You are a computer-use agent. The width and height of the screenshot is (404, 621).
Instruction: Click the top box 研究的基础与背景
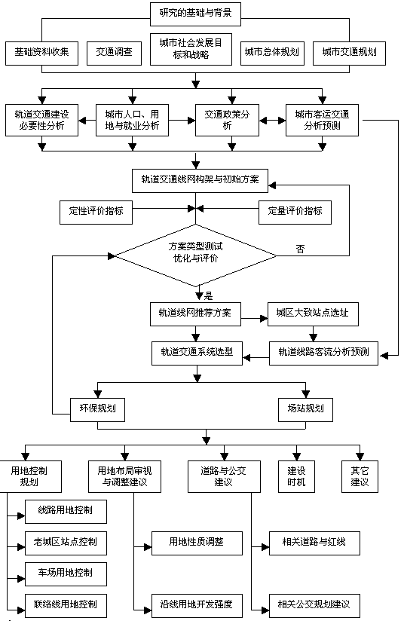(x=195, y=14)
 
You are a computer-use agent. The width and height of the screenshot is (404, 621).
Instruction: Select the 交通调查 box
(x=114, y=53)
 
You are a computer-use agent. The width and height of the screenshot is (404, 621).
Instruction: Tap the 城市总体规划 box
(x=272, y=53)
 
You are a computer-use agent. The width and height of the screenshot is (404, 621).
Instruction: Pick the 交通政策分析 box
(x=227, y=120)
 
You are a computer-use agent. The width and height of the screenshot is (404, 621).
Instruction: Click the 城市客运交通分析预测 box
(x=322, y=120)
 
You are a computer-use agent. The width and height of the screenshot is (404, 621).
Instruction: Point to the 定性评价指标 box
(x=96, y=213)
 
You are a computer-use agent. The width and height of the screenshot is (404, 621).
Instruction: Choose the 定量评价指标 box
(x=295, y=213)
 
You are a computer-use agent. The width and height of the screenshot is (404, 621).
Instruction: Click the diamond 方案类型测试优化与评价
(x=196, y=255)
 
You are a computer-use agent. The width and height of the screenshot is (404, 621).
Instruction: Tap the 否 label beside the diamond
(x=300, y=249)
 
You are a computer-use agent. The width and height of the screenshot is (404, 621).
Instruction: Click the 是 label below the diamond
(x=208, y=295)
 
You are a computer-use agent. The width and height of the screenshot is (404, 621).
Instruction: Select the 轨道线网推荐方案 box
(x=195, y=314)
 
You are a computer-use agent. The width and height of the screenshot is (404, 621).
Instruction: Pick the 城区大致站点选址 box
(x=313, y=314)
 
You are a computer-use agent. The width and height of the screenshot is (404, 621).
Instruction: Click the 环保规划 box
(x=97, y=409)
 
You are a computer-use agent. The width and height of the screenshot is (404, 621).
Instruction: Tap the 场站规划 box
(x=305, y=409)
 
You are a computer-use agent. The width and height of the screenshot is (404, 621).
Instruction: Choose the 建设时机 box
(x=296, y=476)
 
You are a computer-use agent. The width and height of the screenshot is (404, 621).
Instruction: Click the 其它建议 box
(x=360, y=476)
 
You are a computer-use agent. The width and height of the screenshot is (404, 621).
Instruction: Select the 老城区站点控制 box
(x=66, y=543)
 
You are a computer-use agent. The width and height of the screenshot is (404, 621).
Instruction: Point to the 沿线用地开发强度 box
(x=197, y=606)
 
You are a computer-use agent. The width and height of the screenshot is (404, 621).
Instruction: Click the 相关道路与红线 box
(x=314, y=543)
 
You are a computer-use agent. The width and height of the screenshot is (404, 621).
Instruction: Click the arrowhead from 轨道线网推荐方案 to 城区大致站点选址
(x=264, y=319)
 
